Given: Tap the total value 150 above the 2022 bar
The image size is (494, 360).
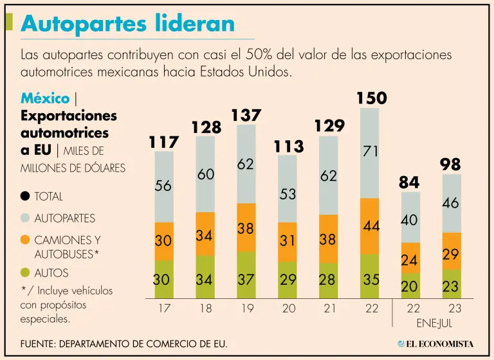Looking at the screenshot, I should pyautogui.click(x=371, y=98).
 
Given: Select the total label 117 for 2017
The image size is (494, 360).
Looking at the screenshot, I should pyautogui.click(x=163, y=141).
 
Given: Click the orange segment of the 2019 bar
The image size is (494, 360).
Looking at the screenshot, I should pyautogui.click(x=246, y=227).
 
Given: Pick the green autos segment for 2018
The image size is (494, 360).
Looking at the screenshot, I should pyautogui.click(x=205, y=277).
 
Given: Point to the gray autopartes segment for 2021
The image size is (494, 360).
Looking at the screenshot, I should pyautogui.click(x=329, y=175).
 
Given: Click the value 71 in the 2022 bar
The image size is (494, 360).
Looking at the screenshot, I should pyautogui.click(x=370, y=152).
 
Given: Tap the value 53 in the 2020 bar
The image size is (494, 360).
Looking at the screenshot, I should pyautogui.click(x=288, y=194).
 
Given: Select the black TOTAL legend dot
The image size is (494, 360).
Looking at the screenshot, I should pyautogui.click(x=26, y=197).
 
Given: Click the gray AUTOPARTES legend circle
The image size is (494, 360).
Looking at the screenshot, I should pyautogui.click(x=26, y=219).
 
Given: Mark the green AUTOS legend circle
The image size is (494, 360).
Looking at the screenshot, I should pyautogui.click(x=26, y=273).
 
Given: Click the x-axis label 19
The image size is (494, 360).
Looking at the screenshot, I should pyautogui.click(x=246, y=309).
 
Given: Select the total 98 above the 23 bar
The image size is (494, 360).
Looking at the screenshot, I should pyautogui.click(x=450, y=165).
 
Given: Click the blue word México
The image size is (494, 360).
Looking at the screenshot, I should pyautogui.click(x=45, y=98).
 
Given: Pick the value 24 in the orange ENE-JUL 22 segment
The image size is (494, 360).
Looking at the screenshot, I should pyautogui.click(x=410, y=260).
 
